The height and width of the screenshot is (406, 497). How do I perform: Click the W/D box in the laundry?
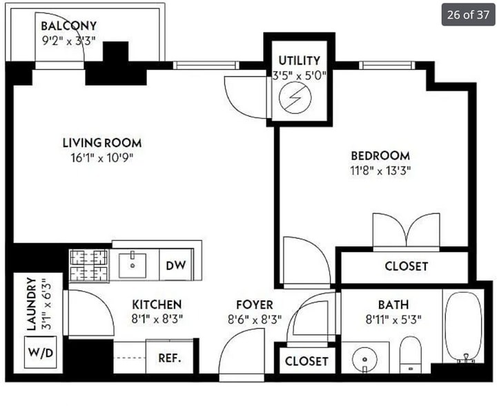click(x=41, y=352)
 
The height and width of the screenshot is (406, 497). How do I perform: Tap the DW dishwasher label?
click(x=176, y=265)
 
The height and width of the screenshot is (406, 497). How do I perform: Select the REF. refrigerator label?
click(x=170, y=358)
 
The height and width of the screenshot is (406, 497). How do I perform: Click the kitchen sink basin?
click(x=133, y=266)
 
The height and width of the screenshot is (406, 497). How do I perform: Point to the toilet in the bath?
click(x=411, y=355)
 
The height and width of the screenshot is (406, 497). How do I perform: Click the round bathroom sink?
click(x=364, y=360)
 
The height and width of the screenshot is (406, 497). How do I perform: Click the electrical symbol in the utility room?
click(x=295, y=97)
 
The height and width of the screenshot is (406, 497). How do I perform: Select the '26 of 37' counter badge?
click(x=468, y=14)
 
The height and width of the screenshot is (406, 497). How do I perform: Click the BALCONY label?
click(x=69, y=26)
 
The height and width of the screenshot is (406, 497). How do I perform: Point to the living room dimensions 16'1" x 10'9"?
click(x=101, y=157)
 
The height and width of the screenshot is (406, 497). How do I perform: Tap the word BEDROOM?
click(x=380, y=155)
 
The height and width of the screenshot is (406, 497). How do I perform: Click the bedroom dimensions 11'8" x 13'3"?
click(x=380, y=171)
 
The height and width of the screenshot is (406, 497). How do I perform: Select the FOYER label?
click(x=255, y=304)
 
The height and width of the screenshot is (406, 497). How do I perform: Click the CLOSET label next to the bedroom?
click(x=407, y=267)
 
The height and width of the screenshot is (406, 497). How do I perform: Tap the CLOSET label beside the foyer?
click(x=306, y=361)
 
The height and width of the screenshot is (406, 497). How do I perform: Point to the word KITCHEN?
click(x=157, y=304)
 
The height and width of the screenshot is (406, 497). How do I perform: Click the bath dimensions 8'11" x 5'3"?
click(x=393, y=320)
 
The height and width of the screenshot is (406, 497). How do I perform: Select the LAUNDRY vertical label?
click(x=31, y=304)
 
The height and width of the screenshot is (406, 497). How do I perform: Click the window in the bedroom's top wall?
click(x=387, y=66)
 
